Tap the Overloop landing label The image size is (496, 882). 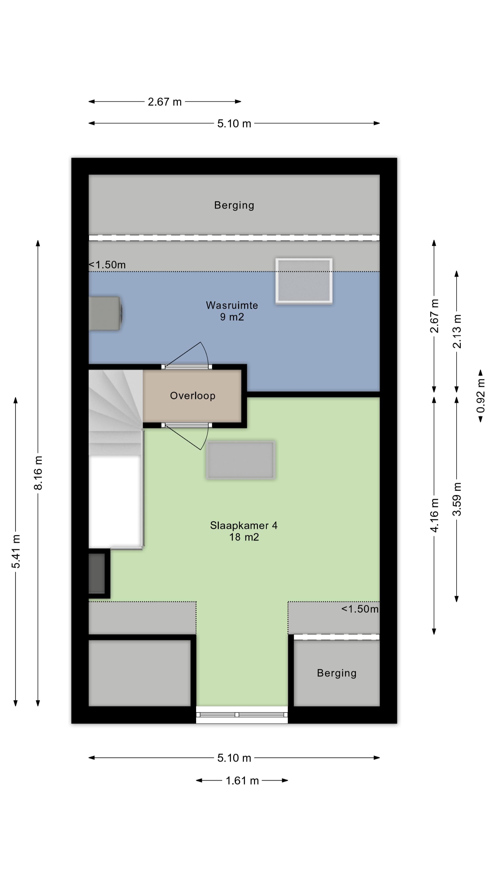point(193,396)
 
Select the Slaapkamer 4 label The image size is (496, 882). point(244,525)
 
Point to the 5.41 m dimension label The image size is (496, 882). point(16,551)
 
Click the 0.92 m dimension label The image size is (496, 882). point(481,396)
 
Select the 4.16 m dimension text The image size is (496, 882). point(434,515)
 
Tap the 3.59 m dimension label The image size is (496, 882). point(457,499)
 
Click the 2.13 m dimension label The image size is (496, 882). point(457,331)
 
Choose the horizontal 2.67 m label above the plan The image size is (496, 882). point(165,102)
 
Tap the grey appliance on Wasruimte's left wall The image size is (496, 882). point(105,313)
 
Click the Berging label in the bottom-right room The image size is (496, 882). point(336,673)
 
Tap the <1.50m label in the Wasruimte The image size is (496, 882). point(107,265)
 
